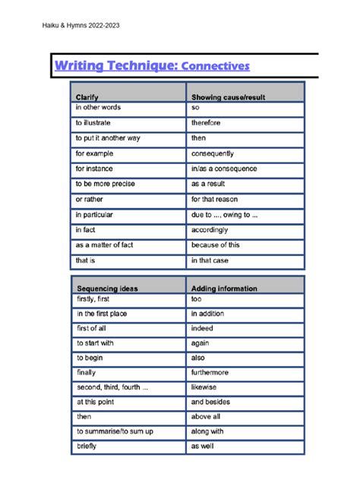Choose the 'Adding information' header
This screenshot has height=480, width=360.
(x=224, y=289)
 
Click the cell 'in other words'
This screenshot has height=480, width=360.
(x=98, y=108)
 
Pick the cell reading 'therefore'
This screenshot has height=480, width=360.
(x=207, y=123)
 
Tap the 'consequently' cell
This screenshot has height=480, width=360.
(x=213, y=153)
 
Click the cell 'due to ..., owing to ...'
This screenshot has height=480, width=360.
(x=224, y=214)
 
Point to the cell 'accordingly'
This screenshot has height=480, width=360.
(x=210, y=229)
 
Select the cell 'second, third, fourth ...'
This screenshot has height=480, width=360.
(x=112, y=387)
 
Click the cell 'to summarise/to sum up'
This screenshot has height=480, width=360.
(x=115, y=431)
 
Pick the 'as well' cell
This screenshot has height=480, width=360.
(x=202, y=446)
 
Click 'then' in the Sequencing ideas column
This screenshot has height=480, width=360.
(x=84, y=416)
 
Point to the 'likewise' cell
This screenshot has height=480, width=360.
(x=204, y=387)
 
